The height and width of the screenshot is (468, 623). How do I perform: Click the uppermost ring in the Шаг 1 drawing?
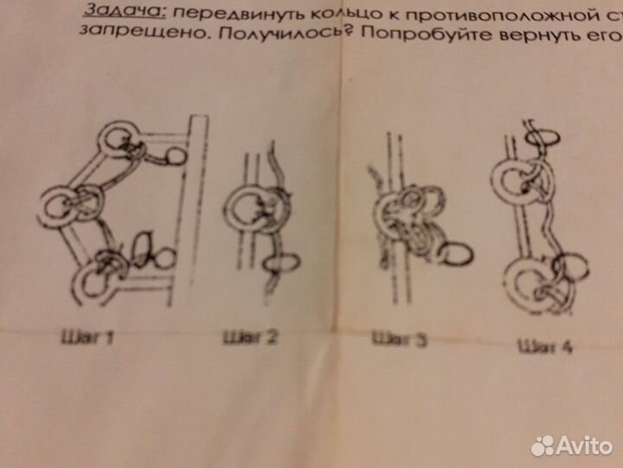coord(118,140)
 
